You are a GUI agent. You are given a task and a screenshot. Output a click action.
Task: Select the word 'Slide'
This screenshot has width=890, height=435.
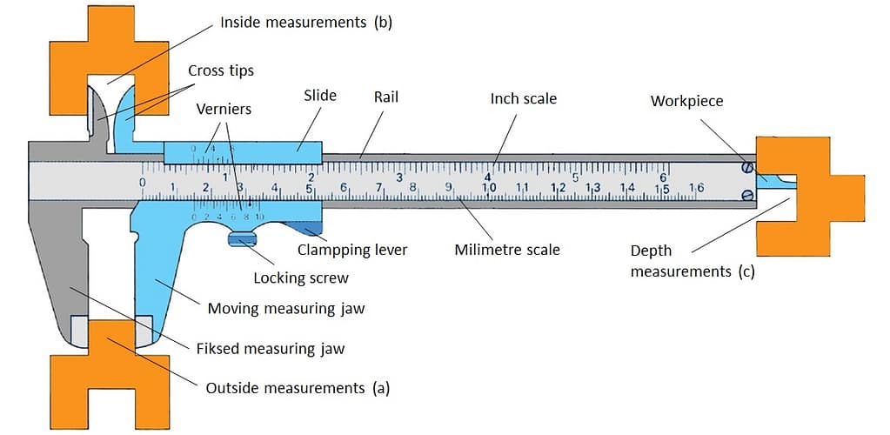coord(320,96)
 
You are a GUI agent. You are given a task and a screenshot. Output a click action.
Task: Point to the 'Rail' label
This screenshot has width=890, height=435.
coord(385,97)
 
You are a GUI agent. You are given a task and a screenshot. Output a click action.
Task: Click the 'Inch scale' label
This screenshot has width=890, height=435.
coord(523,99)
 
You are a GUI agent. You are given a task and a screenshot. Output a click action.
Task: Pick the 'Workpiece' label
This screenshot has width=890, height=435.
coord(686,101)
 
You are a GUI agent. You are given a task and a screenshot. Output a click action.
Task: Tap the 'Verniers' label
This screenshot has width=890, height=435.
coord(224,110)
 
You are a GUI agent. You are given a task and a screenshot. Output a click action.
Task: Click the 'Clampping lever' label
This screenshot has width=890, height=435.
coord(352,250)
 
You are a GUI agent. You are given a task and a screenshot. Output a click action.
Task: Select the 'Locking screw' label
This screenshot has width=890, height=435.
coord(301,278)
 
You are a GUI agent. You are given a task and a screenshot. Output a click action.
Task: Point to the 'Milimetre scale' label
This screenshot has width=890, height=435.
coord(507,250)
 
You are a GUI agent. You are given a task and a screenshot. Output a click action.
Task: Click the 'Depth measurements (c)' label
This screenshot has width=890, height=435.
coord(692,261)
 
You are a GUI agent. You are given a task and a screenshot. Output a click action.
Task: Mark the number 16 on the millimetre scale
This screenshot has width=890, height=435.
coord(696,187)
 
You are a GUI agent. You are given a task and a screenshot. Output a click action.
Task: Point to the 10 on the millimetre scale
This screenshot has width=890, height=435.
coord(489,187)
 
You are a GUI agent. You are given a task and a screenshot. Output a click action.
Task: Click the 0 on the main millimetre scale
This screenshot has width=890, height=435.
coord(143,183)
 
